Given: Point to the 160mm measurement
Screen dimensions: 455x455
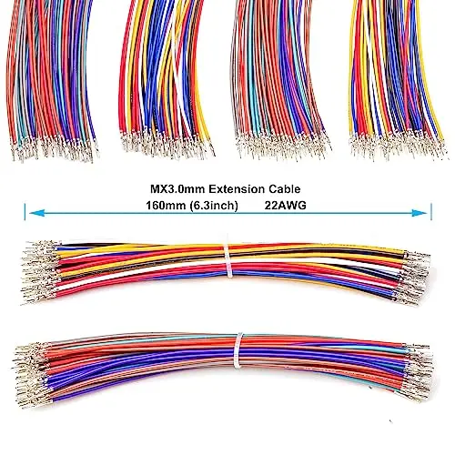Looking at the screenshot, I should click(x=166, y=206).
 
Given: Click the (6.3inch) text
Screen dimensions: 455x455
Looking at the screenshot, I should click(x=214, y=206).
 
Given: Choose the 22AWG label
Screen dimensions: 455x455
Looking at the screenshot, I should click(x=282, y=206).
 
